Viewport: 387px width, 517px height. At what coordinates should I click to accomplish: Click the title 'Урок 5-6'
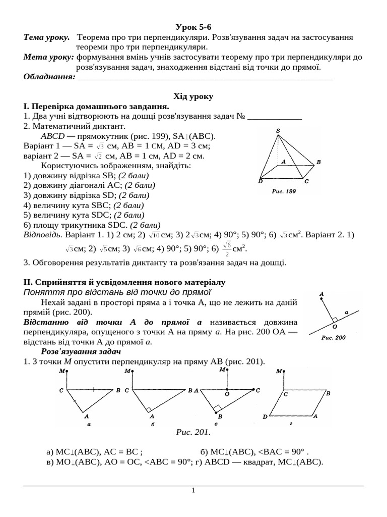click(193, 27)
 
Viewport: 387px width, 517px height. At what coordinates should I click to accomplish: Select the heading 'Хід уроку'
click(193, 96)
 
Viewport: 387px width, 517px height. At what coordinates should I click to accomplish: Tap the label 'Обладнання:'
click(49, 76)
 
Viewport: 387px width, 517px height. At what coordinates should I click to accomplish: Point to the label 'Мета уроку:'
click(49, 57)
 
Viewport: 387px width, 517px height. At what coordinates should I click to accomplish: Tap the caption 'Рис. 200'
click(333, 338)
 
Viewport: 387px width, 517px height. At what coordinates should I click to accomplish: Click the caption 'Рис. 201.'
click(193, 432)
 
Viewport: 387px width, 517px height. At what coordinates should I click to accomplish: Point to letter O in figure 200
click(335, 327)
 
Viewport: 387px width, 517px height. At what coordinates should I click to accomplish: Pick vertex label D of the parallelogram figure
click(265, 417)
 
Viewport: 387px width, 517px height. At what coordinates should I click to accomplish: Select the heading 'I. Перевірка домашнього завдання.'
click(96, 107)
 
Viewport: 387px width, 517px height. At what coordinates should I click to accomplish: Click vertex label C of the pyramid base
click(306, 181)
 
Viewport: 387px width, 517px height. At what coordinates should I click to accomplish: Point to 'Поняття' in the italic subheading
click(41, 292)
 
